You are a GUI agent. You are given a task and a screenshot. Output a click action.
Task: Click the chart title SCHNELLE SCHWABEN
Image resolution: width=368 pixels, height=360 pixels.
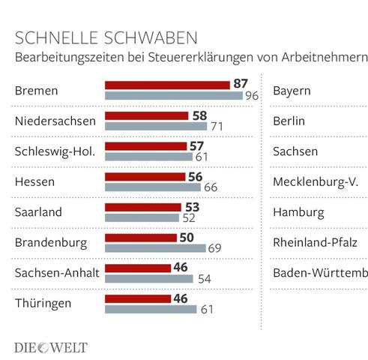pyautogui.click(x=106, y=37)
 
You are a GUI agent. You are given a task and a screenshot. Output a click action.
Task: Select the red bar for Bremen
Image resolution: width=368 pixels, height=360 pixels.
pyautogui.click(x=166, y=85)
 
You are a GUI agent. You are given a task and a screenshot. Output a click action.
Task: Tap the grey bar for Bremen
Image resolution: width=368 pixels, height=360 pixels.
pyautogui.click(x=173, y=97)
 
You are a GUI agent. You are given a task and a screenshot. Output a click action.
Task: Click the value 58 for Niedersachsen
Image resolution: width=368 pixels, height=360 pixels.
pyautogui.click(x=200, y=116)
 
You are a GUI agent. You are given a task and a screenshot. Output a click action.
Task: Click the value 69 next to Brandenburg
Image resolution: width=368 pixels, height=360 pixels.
pyautogui.click(x=214, y=248)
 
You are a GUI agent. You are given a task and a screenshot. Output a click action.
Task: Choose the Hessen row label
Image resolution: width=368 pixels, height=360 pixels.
pyautogui.click(x=35, y=181)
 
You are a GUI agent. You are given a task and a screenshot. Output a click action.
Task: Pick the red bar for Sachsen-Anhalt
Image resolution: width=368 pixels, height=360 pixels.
pyautogui.click(x=137, y=267)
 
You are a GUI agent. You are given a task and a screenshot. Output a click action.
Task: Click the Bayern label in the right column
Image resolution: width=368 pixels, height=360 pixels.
pyautogui.click(x=292, y=91)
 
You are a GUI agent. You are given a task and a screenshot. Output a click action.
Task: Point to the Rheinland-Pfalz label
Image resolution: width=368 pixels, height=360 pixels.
pyautogui.click(x=315, y=241)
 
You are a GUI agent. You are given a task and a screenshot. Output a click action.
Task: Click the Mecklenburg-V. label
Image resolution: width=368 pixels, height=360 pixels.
pyautogui.click(x=316, y=181)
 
